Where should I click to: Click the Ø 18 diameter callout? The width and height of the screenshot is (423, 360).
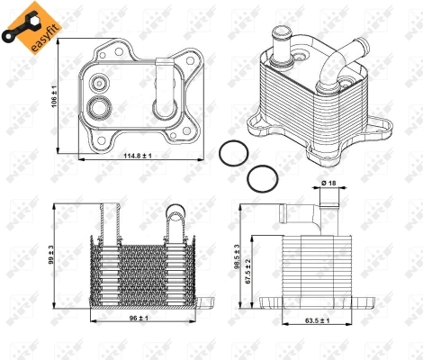point(329,184)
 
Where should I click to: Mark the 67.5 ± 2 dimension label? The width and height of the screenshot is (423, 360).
point(248,267)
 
